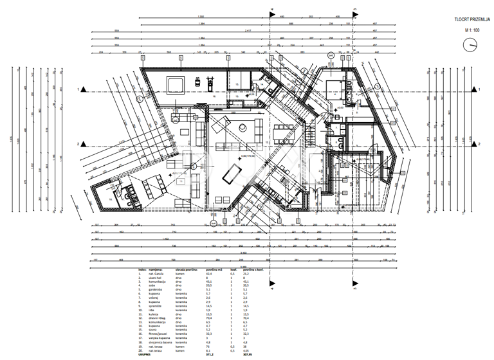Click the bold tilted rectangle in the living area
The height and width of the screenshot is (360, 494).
click(230, 174)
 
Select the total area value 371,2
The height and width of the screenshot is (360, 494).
click(210, 354)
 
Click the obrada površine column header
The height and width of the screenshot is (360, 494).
click(185, 270)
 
